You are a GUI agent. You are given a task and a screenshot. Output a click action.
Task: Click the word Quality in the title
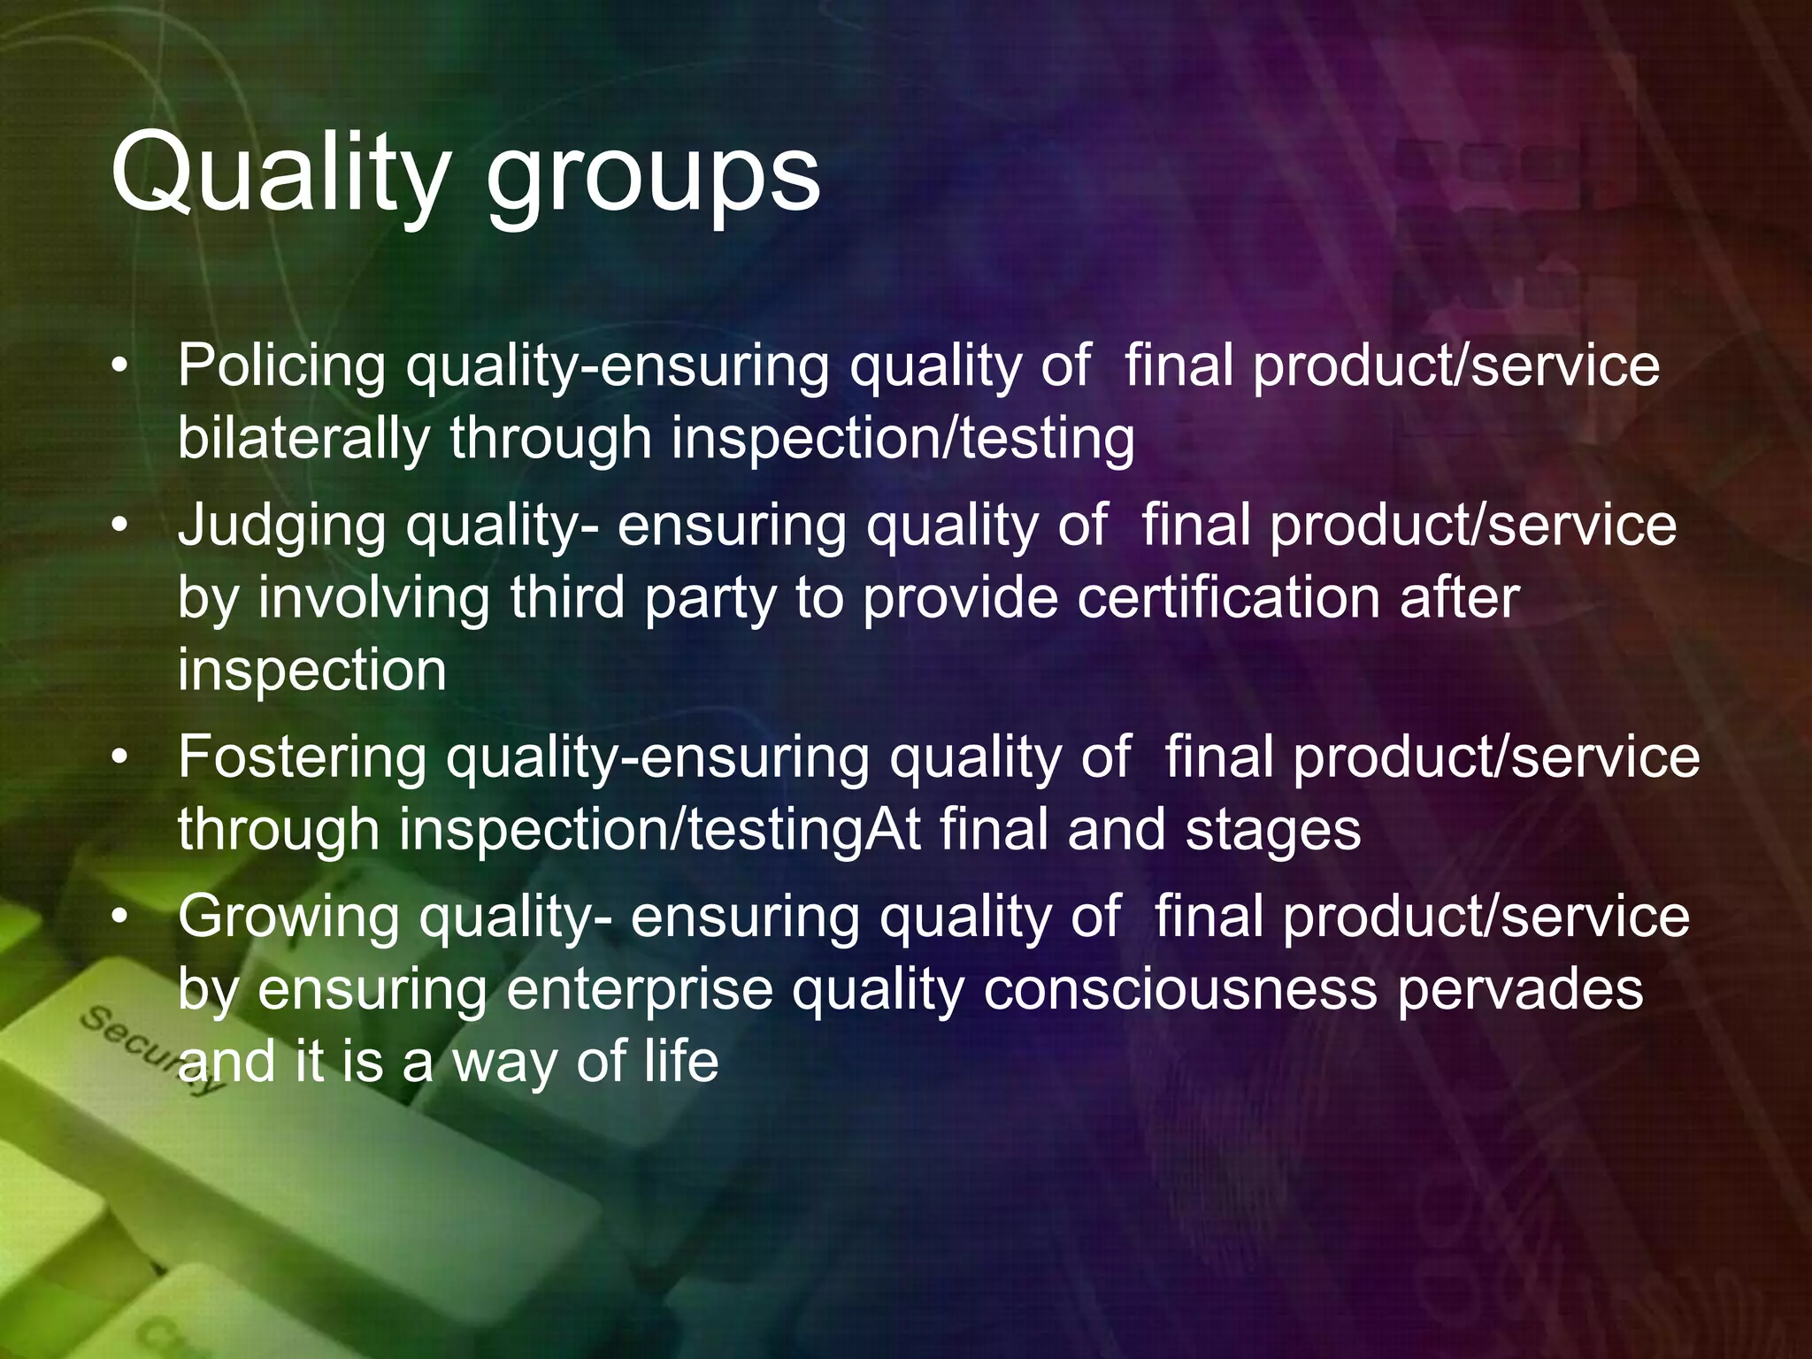click(280, 173)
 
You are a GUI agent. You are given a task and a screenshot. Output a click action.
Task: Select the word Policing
click(281, 365)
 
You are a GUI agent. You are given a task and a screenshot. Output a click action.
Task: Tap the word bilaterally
click(303, 438)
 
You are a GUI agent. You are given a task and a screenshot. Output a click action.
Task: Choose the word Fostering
click(301, 758)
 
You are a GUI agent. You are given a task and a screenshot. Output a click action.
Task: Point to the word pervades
click(1519, 989)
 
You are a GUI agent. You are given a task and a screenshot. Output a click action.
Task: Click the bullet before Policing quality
click(120, 365)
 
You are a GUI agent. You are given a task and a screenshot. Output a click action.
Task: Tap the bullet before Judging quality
click(120, 526)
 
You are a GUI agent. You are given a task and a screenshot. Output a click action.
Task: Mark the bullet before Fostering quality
click(120, 757)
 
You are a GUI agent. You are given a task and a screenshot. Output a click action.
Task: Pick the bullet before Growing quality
click(120, 918)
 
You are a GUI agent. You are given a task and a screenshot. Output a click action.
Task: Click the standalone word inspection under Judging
click(311, 671)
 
